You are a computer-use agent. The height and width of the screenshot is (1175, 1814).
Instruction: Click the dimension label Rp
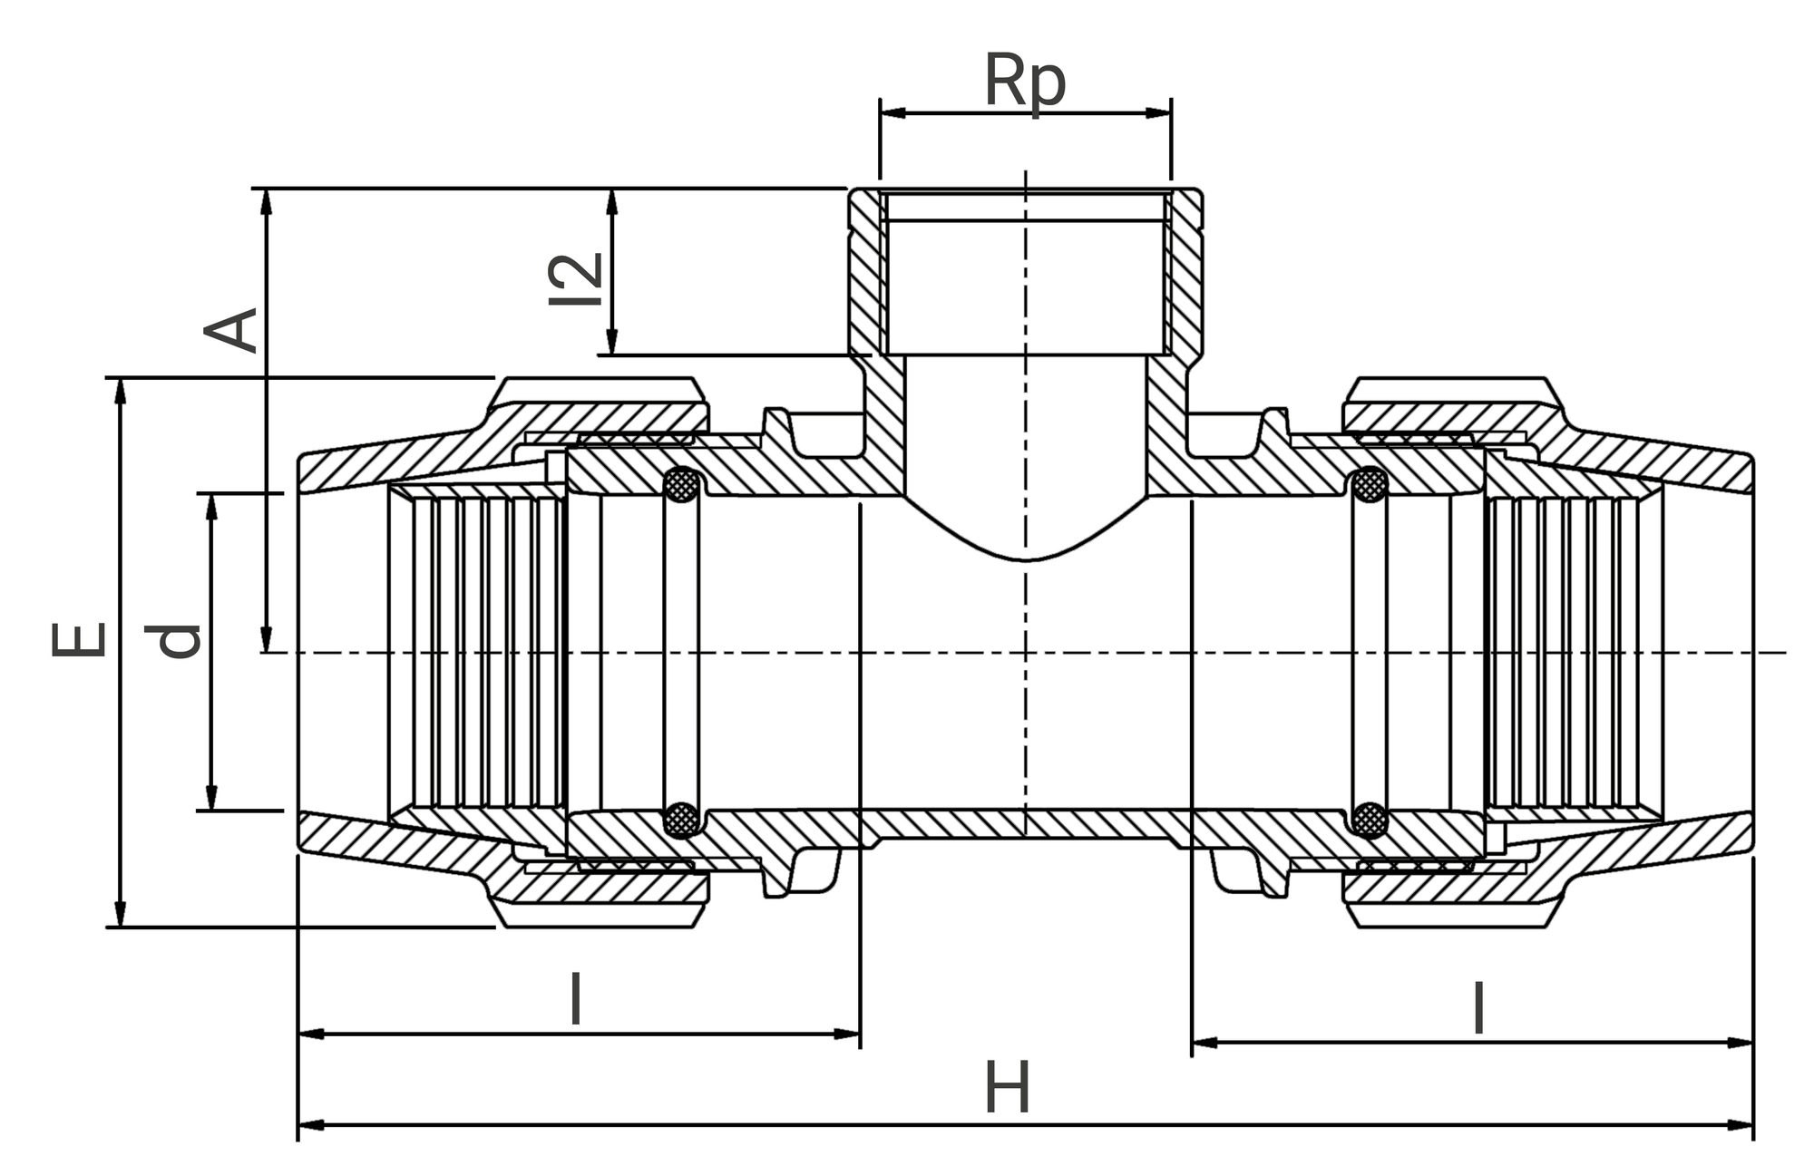[x=1025, y=82]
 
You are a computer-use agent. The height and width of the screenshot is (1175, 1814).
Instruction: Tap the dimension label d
[x=178, y=640]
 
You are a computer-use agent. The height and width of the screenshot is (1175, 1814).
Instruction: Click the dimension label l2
[x=577, y=279]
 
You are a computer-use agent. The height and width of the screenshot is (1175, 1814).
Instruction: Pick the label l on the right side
[x=1478, y=1007]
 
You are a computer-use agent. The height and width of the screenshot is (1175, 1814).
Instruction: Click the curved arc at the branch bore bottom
[x=1025, y=558]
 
